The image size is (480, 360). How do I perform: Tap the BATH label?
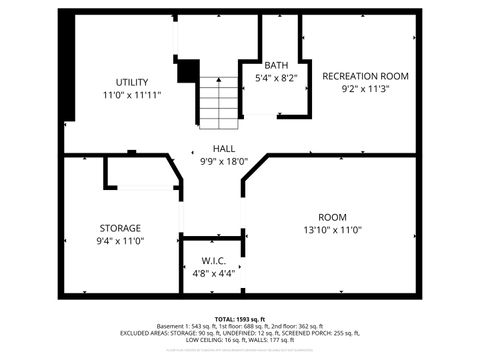click(276, 65)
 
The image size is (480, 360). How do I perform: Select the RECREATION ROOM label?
click(366, 76)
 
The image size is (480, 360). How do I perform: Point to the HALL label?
click(223, 147)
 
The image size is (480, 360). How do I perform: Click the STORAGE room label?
click(119, 228)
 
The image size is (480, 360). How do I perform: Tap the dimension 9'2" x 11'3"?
click(366, 88)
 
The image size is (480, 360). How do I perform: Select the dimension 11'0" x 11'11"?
click(131, 94)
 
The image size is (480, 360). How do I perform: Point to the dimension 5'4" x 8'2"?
click(277, 77)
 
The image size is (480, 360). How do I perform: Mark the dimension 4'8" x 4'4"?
click(213, 272)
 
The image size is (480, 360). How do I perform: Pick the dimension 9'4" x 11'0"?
click(120, 240)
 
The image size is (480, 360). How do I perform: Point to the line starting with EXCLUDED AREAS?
click(240, 333)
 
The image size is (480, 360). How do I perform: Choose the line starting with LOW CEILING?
click(240, 341)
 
